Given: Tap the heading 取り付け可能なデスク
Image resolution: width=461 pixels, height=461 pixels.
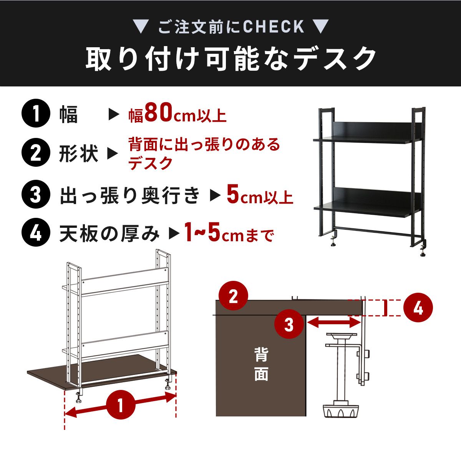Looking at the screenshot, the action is (x=231, y=59).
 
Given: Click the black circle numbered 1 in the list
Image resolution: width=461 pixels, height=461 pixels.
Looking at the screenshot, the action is (x=36, y=113).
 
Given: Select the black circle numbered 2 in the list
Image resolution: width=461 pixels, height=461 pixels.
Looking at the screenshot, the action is (x=36, y=153).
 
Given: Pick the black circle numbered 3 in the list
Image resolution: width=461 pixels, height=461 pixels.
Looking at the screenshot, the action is (x=36, y=194).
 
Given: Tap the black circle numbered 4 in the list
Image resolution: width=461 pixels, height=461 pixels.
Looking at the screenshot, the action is (x=36, y=232).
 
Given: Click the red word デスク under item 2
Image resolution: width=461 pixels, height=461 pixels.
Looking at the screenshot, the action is (x=151, y=163).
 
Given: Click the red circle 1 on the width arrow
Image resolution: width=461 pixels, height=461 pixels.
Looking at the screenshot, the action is (x=121, y=405).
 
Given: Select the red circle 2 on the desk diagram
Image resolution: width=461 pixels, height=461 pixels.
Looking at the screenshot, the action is (x=234, y=295).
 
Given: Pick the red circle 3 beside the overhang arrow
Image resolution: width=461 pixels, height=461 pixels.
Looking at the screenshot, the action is (x=289, y=324).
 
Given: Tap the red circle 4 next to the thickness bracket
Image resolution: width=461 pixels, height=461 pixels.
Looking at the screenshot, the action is (x=418, y=307).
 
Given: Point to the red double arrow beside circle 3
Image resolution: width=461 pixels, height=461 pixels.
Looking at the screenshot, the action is (x=334, y=323).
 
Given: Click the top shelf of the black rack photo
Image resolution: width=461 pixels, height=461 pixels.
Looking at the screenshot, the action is (x=367, y=139).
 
